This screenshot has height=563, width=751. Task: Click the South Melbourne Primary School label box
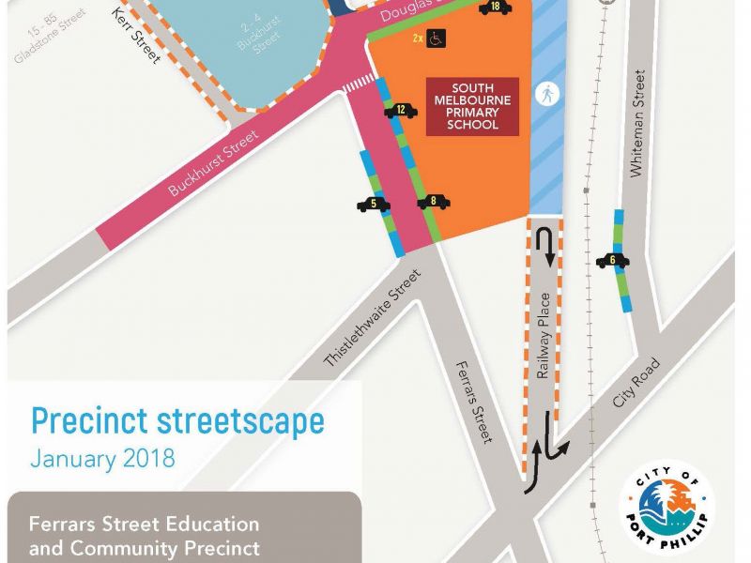(x=472, y=106)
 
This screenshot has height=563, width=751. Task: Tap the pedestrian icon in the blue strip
(x=545, y=93)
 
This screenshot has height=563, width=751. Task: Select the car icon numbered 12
(x=401, y=110)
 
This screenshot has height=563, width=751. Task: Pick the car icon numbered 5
(x=374, y=204)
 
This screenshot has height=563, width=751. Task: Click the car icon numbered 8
(x=434, y=201)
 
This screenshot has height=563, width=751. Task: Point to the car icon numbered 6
(x=612, y=261)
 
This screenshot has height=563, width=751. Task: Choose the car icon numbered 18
(x=495, y=8)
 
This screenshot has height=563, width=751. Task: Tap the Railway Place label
(x=544, y=347)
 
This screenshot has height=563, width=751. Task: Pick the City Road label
(x=636, y=382)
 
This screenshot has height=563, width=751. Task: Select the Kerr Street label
(x=136, y=37)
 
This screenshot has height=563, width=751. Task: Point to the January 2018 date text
(x=102, y=460)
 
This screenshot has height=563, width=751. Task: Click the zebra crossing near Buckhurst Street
(x=355, y=86)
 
